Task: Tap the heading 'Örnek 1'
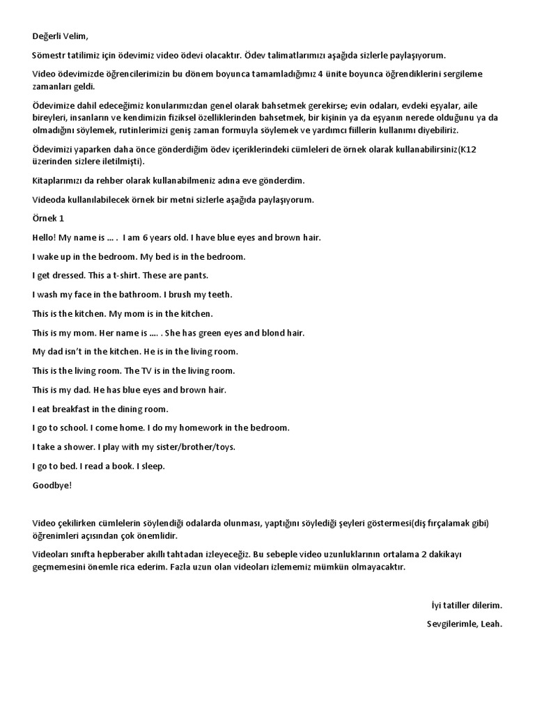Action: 48,219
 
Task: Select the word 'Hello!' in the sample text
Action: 45,237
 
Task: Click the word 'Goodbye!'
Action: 52,485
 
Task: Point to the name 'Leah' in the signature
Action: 491,624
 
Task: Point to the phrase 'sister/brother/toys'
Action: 196,446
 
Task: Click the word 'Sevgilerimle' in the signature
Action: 452,624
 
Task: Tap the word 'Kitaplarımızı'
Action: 60,180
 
